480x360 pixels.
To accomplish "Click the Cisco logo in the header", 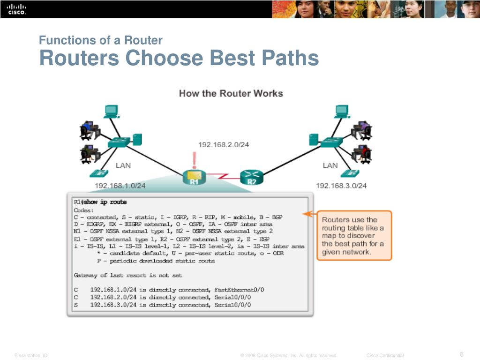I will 17,9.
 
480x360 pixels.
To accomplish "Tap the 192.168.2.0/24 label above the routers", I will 223,145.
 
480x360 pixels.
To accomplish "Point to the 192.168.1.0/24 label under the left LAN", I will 120,186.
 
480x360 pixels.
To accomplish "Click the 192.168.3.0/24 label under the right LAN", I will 341,186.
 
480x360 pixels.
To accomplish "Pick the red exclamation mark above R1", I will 194,160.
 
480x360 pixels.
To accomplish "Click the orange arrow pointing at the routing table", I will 307,214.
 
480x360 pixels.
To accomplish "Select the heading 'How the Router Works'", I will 231,93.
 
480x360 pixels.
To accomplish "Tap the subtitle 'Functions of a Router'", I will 101,40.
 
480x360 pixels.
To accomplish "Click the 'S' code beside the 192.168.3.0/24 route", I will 76,305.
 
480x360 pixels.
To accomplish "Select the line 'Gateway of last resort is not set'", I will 128,275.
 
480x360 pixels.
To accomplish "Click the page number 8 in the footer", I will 462,354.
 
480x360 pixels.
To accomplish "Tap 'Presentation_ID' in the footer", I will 31,355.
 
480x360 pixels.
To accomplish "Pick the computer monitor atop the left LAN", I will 111,111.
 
